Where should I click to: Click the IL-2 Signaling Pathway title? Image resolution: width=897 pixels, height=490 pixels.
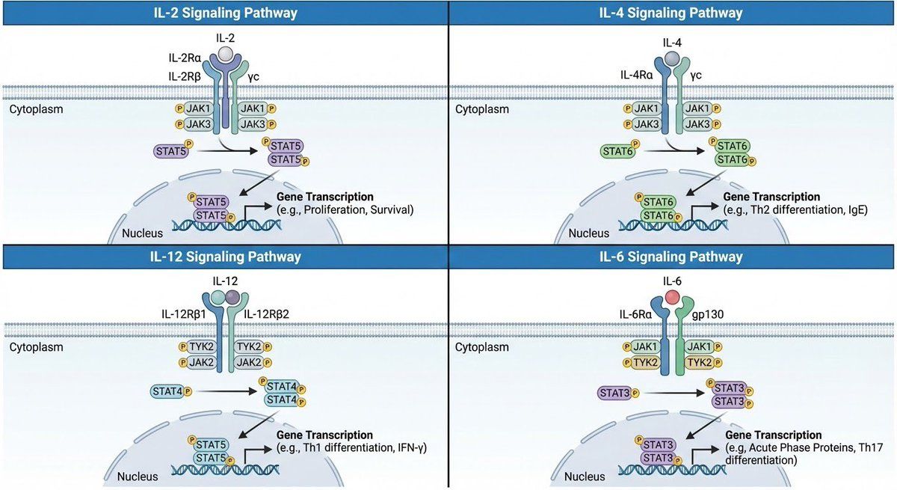click(x=226, y=13)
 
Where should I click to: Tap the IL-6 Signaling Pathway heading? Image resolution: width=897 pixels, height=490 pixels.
click(x=671, y=257)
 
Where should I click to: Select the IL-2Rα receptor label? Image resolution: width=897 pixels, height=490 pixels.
click(x=185, y=58)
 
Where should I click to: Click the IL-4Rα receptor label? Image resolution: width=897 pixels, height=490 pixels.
click(x=636, y=75)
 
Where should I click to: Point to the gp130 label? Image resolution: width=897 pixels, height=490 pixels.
click(x=708, y=314)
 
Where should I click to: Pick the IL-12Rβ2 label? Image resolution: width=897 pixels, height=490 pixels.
click(x=266, y=314)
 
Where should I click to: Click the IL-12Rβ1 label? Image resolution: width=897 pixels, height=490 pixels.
click(x=183, y=314)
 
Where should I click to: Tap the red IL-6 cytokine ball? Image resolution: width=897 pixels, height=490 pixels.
click(x=672, y=298)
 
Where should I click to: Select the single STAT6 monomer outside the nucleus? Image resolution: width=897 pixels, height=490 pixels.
click(x=618, y=151)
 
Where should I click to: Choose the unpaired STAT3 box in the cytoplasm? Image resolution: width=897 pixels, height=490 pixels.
click(x=614, y=393)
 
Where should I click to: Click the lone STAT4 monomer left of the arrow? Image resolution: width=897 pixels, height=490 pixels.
click(x=167, y=391)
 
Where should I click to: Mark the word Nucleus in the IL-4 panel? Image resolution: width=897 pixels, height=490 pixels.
click(x=589, y=233)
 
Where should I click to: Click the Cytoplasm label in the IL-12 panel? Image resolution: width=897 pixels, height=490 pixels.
click(x=36, y=347)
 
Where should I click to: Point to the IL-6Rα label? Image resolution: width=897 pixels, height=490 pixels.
click(x=635, y=314)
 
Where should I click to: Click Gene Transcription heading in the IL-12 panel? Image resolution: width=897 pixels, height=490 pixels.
click(x=324, y=435)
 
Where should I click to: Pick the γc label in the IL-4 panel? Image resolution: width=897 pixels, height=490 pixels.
click(x=696, y=76)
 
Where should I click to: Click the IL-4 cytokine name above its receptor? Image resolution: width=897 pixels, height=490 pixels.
click(x=672, y=43)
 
